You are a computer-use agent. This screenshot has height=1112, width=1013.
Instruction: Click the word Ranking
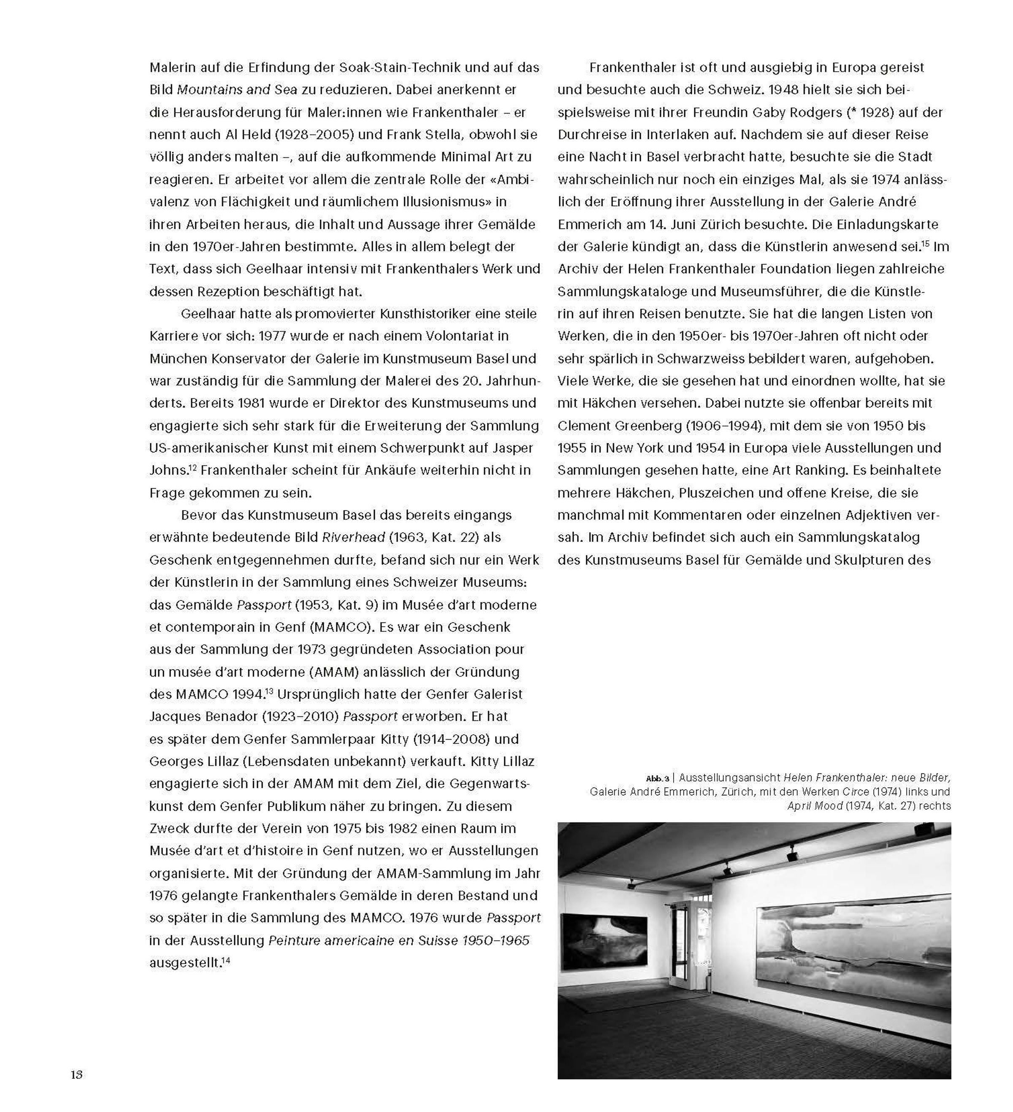[818, 471]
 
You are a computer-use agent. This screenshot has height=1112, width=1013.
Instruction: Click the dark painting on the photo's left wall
[604, 942]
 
